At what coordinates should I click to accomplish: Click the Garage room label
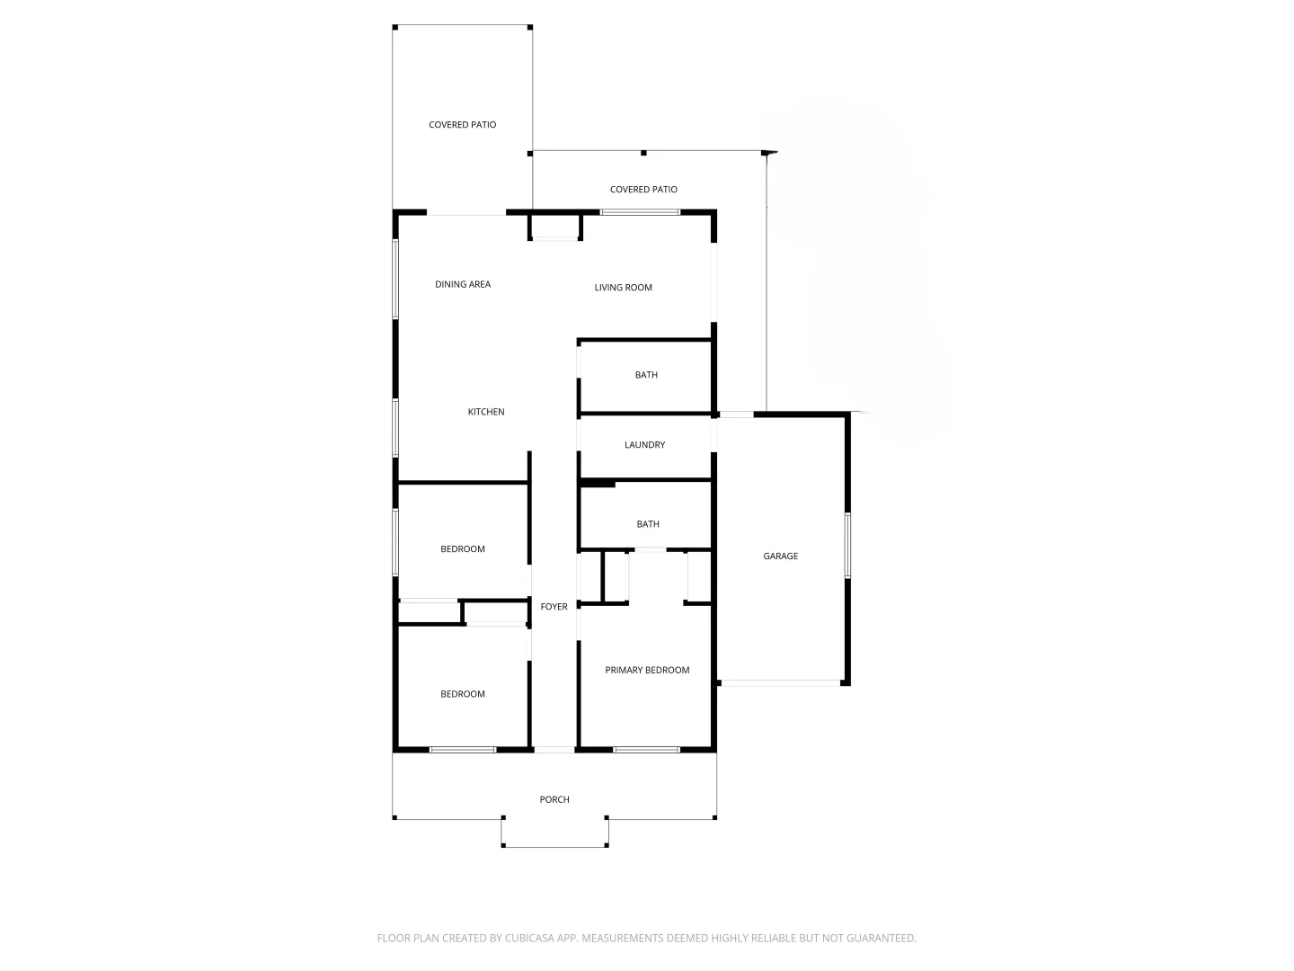(780, 557)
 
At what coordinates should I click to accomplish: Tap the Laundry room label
(644, 445)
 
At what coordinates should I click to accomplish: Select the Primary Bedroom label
(647, 670)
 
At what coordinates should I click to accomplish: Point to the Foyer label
(554, 607)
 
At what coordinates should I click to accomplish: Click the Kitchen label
(486, 412)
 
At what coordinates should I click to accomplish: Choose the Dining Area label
(463, 284)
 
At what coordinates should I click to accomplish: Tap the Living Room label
(623, 288)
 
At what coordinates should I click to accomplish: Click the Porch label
(554, 799)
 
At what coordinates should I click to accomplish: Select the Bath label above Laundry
(646, 375)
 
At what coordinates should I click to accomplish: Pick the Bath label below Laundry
(647, 524)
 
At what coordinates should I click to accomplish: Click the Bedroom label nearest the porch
(463, 694)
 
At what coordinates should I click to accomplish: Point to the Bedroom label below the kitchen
(463, 549)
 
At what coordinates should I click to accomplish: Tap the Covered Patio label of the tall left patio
(462, 125)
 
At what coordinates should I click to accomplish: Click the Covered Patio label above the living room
(643, 190)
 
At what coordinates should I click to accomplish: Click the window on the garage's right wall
(847, 545)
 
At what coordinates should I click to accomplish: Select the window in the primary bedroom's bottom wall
(646, 749)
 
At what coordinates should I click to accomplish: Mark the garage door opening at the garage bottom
(780, 683)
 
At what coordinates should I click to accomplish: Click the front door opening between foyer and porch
(554, 750)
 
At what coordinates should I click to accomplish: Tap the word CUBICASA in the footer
(530, 938)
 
